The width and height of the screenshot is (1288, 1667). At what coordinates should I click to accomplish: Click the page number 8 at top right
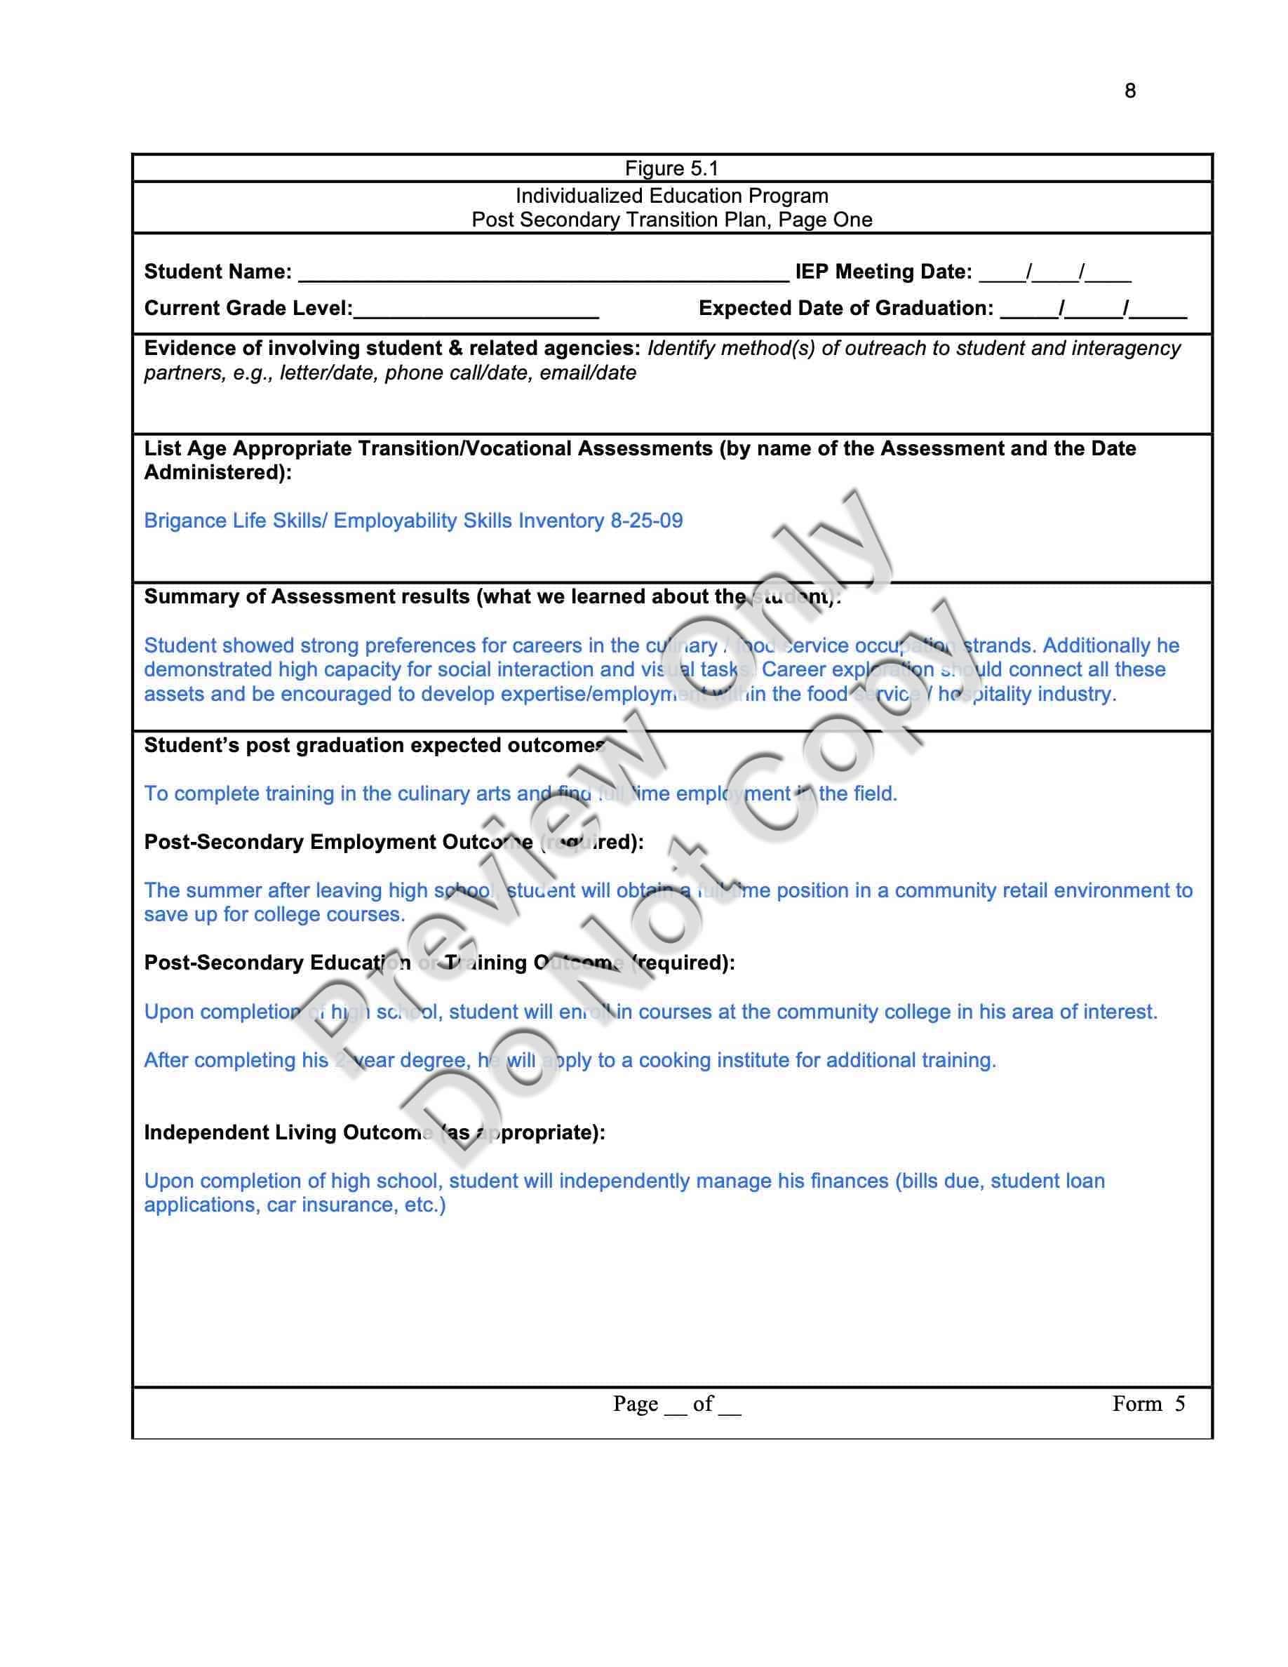[x=1129, y=91]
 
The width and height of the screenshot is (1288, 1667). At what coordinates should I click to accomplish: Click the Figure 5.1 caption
[x=671, y=168]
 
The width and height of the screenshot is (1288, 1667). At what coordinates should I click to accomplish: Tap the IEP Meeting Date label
[x=883, y=272]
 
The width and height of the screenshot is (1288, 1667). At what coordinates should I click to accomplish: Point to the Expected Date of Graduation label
[x=845, y=309]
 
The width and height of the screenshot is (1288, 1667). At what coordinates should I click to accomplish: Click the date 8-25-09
[x=646, y=521]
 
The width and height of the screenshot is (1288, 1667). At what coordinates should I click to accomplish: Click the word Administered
[x=215, y=472]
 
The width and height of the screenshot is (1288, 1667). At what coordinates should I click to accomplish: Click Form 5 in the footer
[x=1148, y=1404]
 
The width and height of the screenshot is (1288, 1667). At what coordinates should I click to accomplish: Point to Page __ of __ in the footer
[x=676, y=1404]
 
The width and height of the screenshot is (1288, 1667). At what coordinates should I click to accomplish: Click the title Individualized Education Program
[x=671, y=196]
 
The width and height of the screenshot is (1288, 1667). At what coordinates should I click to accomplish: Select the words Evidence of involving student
[x=290, y=348]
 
